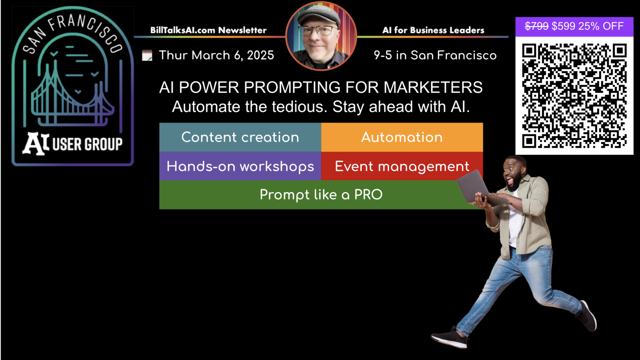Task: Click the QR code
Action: click(x=574, y=96)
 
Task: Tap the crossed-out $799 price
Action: click(x=537, y=26)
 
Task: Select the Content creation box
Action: click(x=240, y=137)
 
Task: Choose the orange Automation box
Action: click(x=402, y=137)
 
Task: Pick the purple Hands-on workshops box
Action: click(x=240, y=166)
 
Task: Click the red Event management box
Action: click(x=402, y=166)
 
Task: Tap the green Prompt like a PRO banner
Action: click(x=321, y=195)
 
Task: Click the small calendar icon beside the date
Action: click(x=147, y=55)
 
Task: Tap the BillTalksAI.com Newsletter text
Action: click(x=208, y=30)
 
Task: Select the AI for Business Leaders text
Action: click(x=433, y=30)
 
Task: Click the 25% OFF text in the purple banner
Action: click(x=601, y=26)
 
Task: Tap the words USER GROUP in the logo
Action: click(x=87, y=144)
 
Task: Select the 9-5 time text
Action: click(x=383, y=55)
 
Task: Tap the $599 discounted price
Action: click(x=563, y=26)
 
